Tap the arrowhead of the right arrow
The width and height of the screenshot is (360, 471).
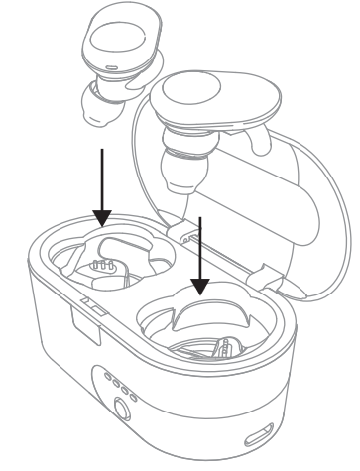201,287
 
